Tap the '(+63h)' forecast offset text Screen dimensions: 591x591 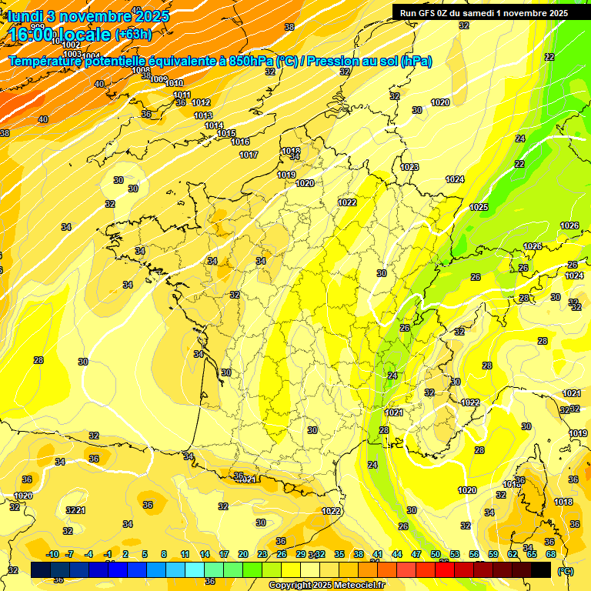(133, 34)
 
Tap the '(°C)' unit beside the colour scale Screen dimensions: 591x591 (566, 571)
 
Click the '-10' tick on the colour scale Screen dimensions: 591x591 (52, 554)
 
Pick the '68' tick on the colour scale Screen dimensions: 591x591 (551, 554)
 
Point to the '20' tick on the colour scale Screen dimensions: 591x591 (243, 554)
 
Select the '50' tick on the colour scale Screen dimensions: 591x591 (436, 554)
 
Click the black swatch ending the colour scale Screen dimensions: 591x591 (541, 569)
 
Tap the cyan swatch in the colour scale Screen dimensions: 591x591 (195, 569)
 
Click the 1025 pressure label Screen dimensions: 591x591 (479, 207)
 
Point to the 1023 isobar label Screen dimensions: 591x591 (409, 167)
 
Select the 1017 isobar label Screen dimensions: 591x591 (249, 155)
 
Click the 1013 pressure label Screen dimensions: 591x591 (203, 115)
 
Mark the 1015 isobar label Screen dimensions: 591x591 (226, 133)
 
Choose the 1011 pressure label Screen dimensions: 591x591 (182, 95)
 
